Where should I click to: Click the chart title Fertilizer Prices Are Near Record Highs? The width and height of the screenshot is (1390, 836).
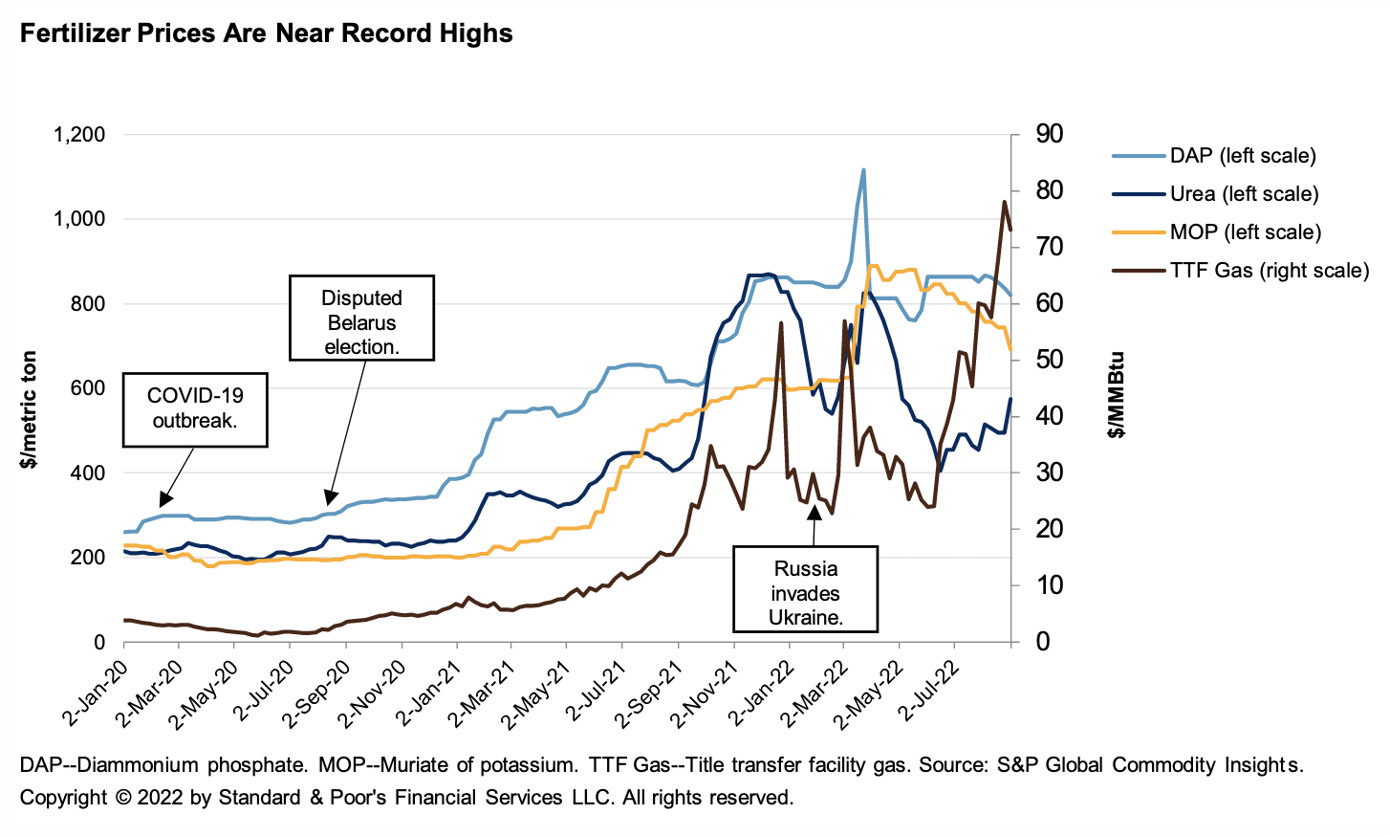tap(266, 33)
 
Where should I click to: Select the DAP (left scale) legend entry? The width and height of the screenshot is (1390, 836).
tap(1242, 156)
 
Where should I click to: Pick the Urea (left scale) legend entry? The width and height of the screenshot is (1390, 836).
tap(1244, 194)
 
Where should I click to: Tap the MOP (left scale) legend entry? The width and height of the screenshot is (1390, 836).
tap(1245, 232)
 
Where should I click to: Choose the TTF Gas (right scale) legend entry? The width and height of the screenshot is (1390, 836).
tap(1269, 271)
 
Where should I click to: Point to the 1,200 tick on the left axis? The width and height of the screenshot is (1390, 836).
tap(78, 134)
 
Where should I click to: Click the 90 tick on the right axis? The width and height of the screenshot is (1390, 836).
tap(1049, 134)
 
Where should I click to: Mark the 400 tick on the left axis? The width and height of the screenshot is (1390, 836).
tap(87, 473)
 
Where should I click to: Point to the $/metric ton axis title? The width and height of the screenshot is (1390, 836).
tap(30, 409)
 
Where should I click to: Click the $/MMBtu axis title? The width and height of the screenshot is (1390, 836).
tap(1116, 395)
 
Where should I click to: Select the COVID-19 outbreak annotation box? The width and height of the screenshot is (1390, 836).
tap(195, 408)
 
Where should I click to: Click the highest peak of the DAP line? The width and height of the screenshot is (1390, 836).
tap(863, 170)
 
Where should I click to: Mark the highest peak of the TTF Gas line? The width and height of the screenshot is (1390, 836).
tap(1004, 202)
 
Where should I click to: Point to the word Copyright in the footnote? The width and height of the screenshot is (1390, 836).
tap(63, 798)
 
